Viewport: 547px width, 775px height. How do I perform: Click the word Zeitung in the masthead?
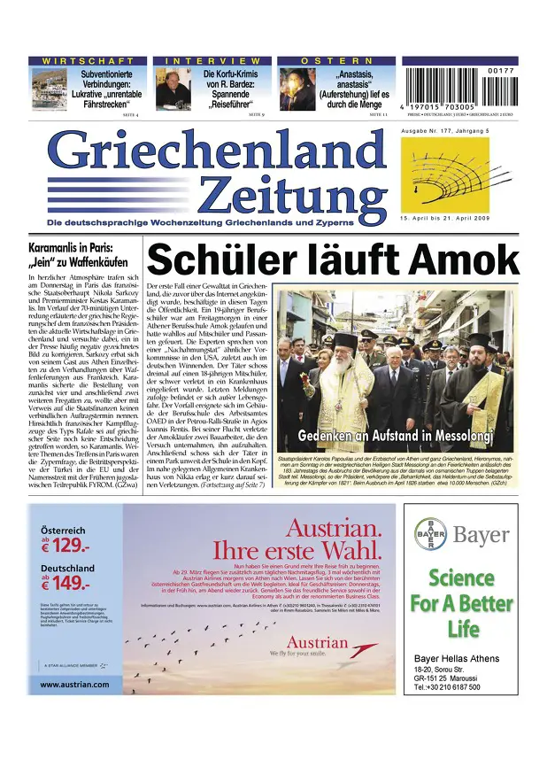tap(292, 193)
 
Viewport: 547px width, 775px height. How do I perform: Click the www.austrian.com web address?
tap(75, 684)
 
